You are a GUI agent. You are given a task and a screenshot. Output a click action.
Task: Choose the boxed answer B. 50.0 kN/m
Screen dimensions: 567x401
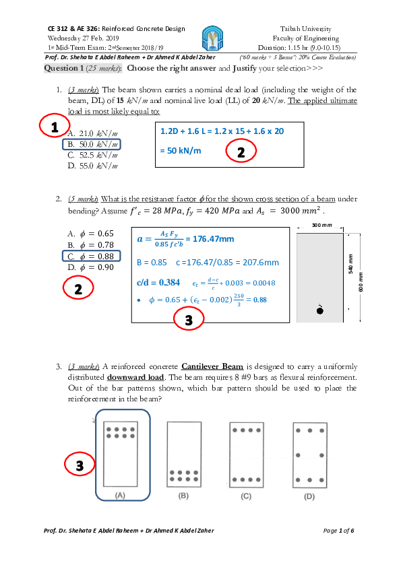93,144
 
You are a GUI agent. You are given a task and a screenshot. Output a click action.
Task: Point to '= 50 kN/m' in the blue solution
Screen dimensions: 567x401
181,150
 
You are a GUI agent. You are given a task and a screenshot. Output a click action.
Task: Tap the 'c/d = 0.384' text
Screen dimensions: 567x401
158,282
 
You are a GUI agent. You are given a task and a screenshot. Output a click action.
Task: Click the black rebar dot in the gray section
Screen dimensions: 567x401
320,310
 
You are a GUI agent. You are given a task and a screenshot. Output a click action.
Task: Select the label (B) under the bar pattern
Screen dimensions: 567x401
183,495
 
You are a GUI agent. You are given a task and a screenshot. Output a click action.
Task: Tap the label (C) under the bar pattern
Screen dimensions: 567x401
247,495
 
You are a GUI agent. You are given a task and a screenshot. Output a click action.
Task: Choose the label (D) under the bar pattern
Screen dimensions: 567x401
309,495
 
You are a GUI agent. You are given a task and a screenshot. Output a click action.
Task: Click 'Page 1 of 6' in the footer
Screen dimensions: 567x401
338,531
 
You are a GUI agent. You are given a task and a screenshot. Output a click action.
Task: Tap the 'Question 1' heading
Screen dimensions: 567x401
64,69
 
